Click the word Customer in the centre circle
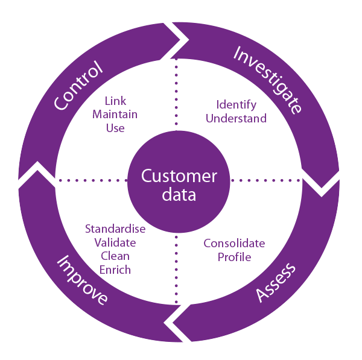[179, 176]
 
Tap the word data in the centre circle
[179, 195]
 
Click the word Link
[115, 101]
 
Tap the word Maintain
[115, 114]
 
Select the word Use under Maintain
[115, 127]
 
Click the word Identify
[236, 105]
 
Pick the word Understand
[236, 118]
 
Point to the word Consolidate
[234, 244]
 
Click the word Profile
[234, 257]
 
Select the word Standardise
[115, 229]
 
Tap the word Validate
[115, 242]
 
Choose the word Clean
[115, 256]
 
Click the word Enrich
[115, 270]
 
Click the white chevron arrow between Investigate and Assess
[320, 182]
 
